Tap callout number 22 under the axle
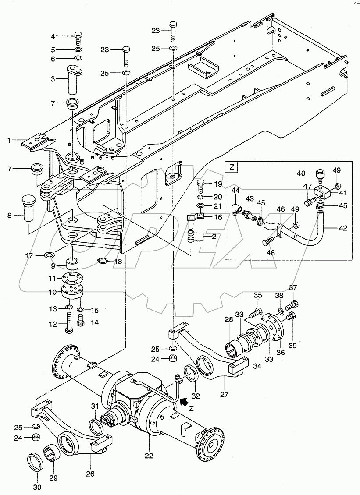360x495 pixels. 149,455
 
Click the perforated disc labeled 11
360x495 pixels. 72,279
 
